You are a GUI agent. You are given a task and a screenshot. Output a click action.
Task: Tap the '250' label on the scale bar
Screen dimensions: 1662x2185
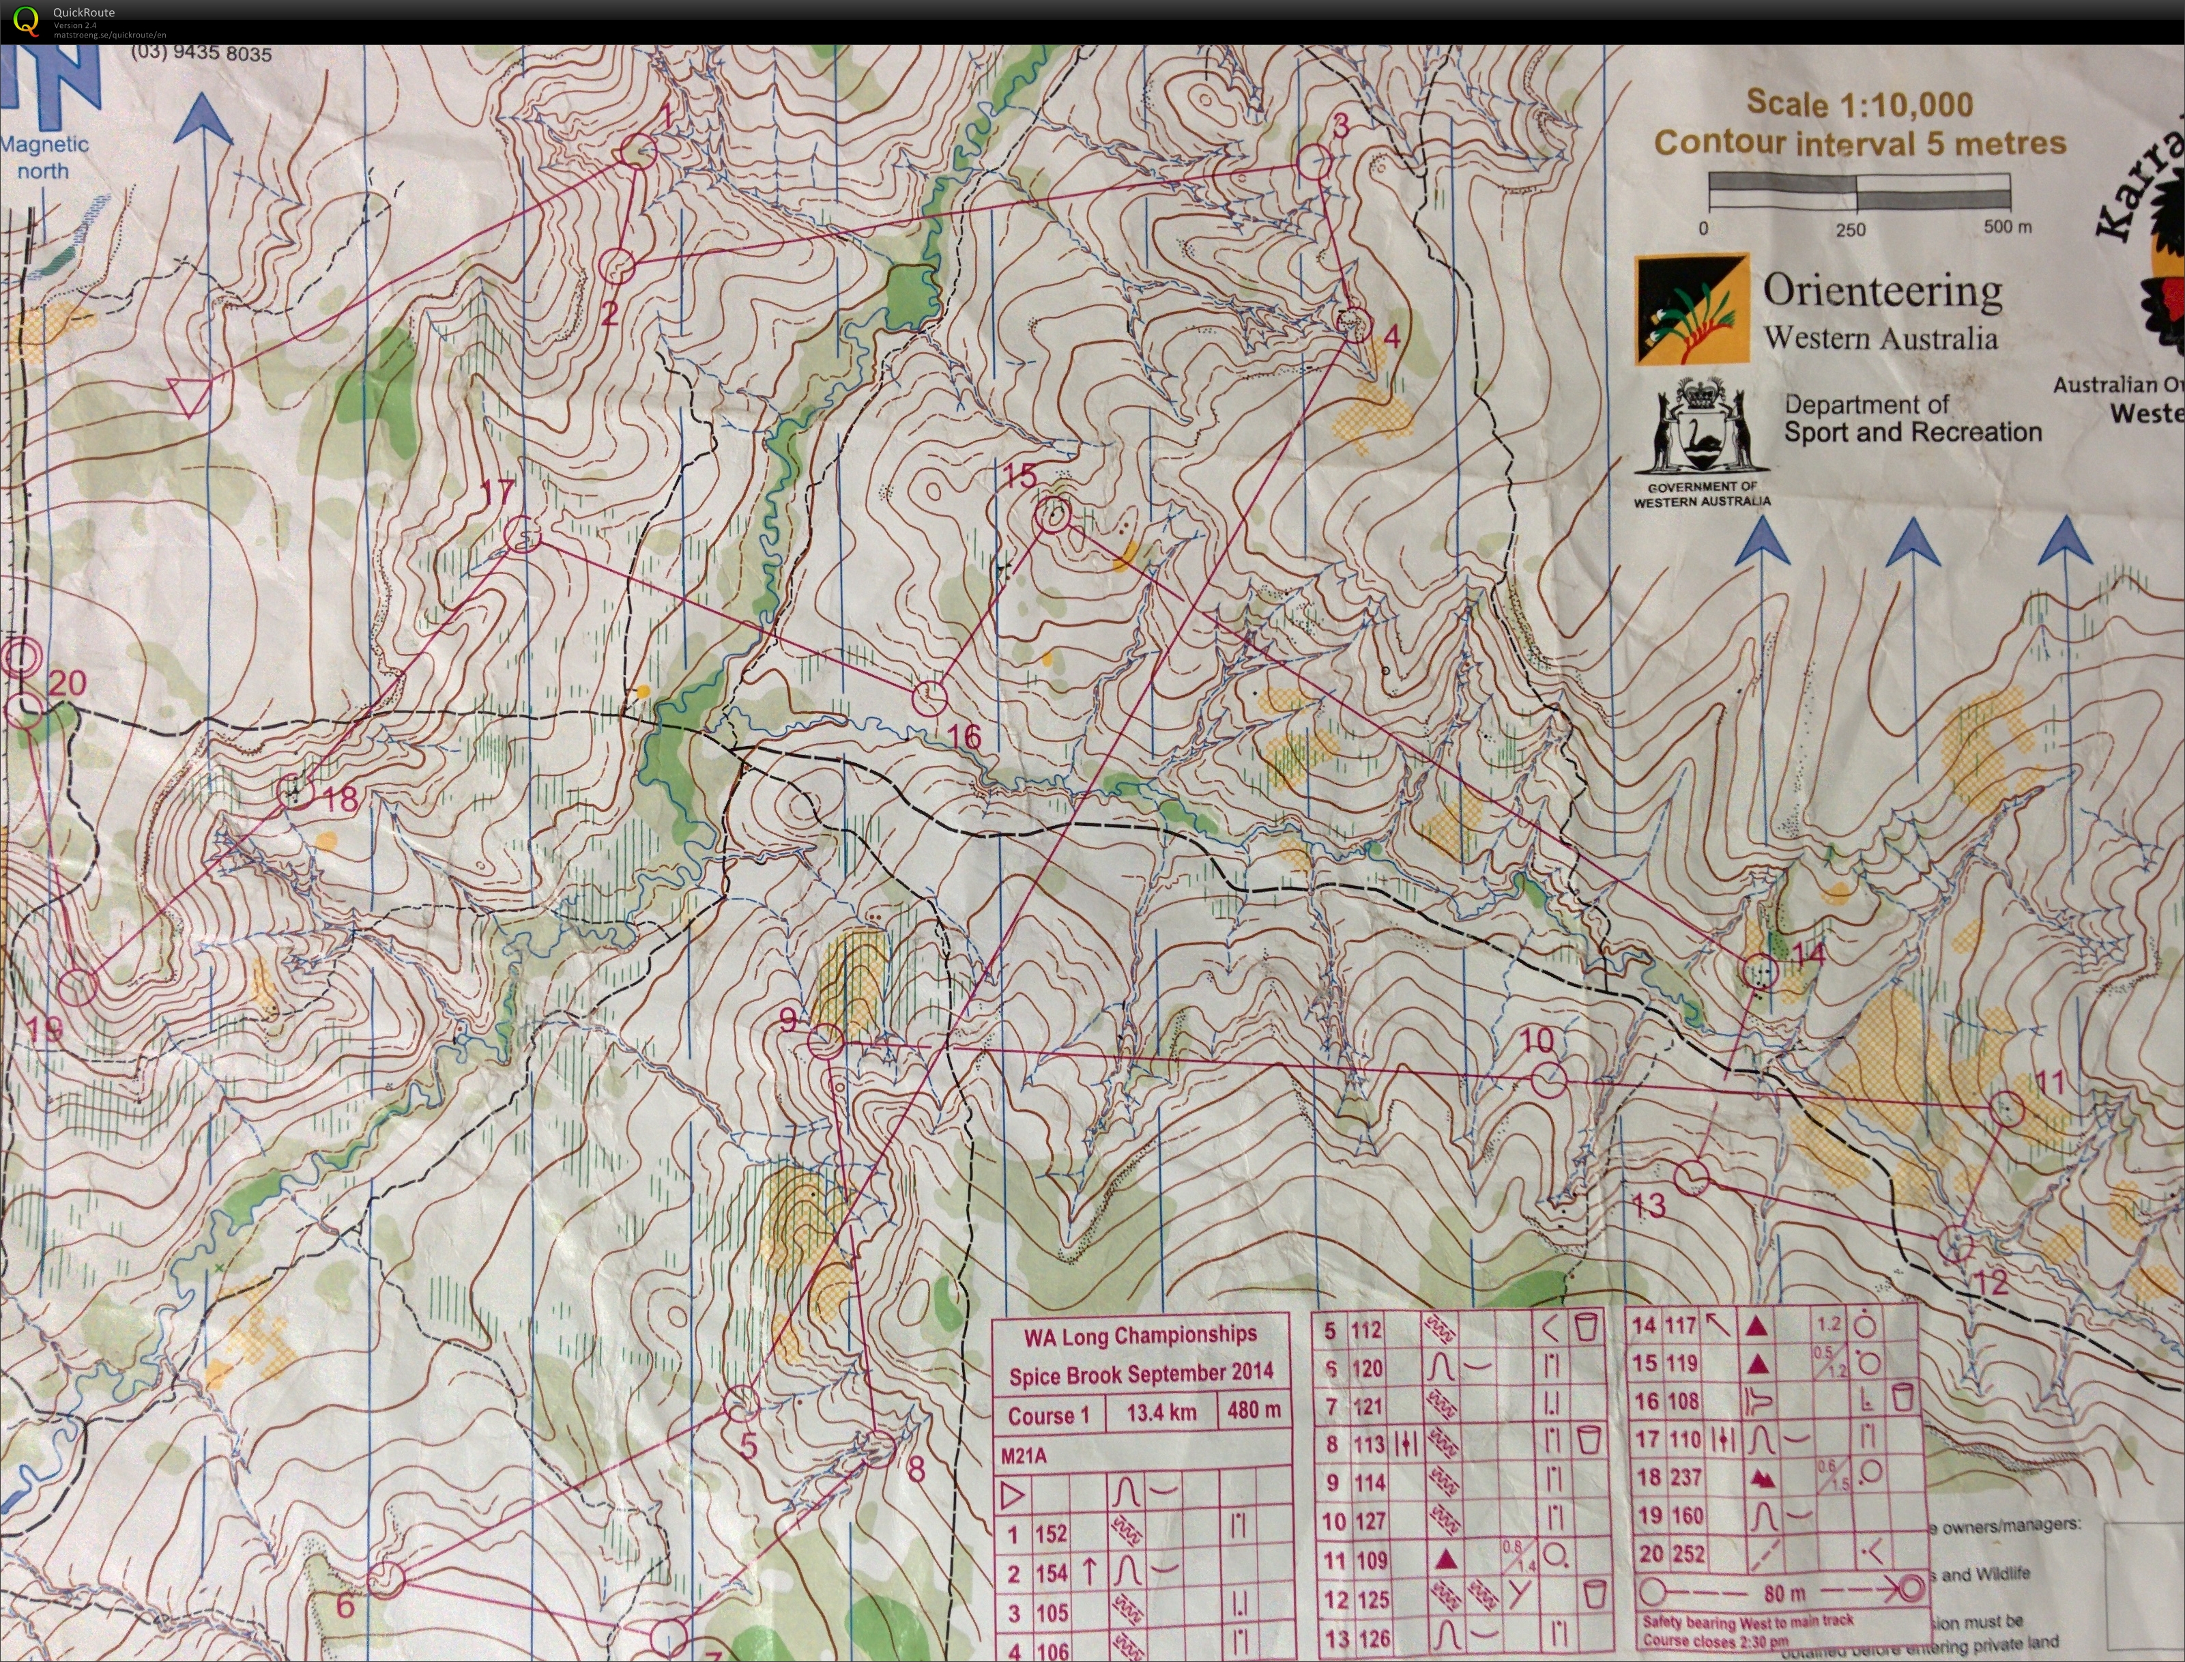1850,229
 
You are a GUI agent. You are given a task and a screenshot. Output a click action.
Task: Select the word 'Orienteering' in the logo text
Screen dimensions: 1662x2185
1881,291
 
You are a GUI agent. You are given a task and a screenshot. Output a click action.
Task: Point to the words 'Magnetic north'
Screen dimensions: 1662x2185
44,157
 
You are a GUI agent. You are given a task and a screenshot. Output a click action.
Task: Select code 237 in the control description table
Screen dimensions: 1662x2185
1685,1477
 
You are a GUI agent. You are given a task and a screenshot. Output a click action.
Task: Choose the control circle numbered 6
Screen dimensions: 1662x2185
387,1580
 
